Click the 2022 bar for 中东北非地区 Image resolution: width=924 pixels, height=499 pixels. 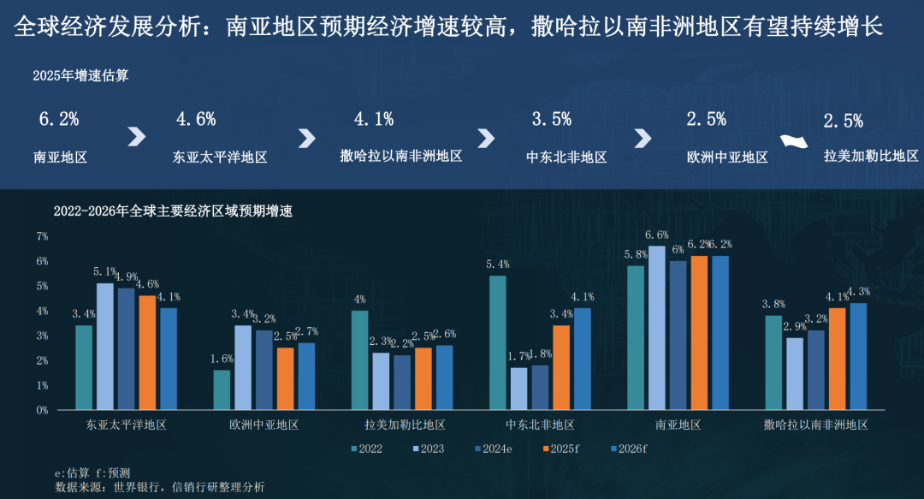[497, 342]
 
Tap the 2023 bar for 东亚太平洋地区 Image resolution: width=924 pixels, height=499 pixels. [104, 346]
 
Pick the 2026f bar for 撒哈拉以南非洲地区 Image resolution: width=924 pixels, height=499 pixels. [857, 356]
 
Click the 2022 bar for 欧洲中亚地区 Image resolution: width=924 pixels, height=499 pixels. [222, 389]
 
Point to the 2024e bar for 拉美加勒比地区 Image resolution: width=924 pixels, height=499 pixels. [401, 382]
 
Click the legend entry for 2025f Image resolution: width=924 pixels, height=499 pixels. [560, 448]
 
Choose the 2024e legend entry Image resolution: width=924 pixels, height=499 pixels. [494, 448]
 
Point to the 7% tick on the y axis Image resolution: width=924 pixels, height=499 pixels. [42, 235]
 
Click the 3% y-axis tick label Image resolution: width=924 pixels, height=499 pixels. [42, 336]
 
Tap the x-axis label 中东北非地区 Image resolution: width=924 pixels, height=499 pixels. [539, 425]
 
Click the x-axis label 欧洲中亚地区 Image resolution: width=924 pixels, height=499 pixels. [264, 425]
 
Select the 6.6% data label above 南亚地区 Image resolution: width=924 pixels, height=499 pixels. [656, 235]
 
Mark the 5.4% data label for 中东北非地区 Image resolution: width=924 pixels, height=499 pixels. [497, 264]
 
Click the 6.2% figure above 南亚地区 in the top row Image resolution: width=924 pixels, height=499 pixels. [59, 120]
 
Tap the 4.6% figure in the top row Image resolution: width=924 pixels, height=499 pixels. [196, 120]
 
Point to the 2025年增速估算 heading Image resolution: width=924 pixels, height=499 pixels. [80, 75]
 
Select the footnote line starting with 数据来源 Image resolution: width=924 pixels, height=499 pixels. [159, 486]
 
